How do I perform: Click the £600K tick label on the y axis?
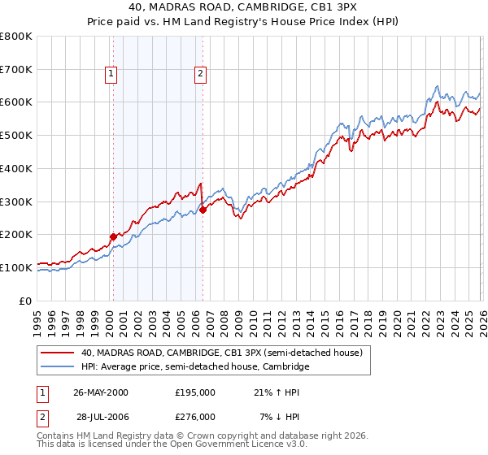tap(16, 102)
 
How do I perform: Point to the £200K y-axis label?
tap(16, 234)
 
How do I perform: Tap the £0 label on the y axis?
tap(27, 300)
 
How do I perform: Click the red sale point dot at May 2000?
tap(113, 236)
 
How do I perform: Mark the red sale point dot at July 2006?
tap(203, 210)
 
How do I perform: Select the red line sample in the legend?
tap(58, 353)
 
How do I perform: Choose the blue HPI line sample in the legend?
tap(58, 367)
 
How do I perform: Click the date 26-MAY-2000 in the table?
tap(101, 392)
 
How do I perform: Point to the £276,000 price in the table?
tap(195, 416)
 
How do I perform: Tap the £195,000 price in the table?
tap(195, 392)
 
